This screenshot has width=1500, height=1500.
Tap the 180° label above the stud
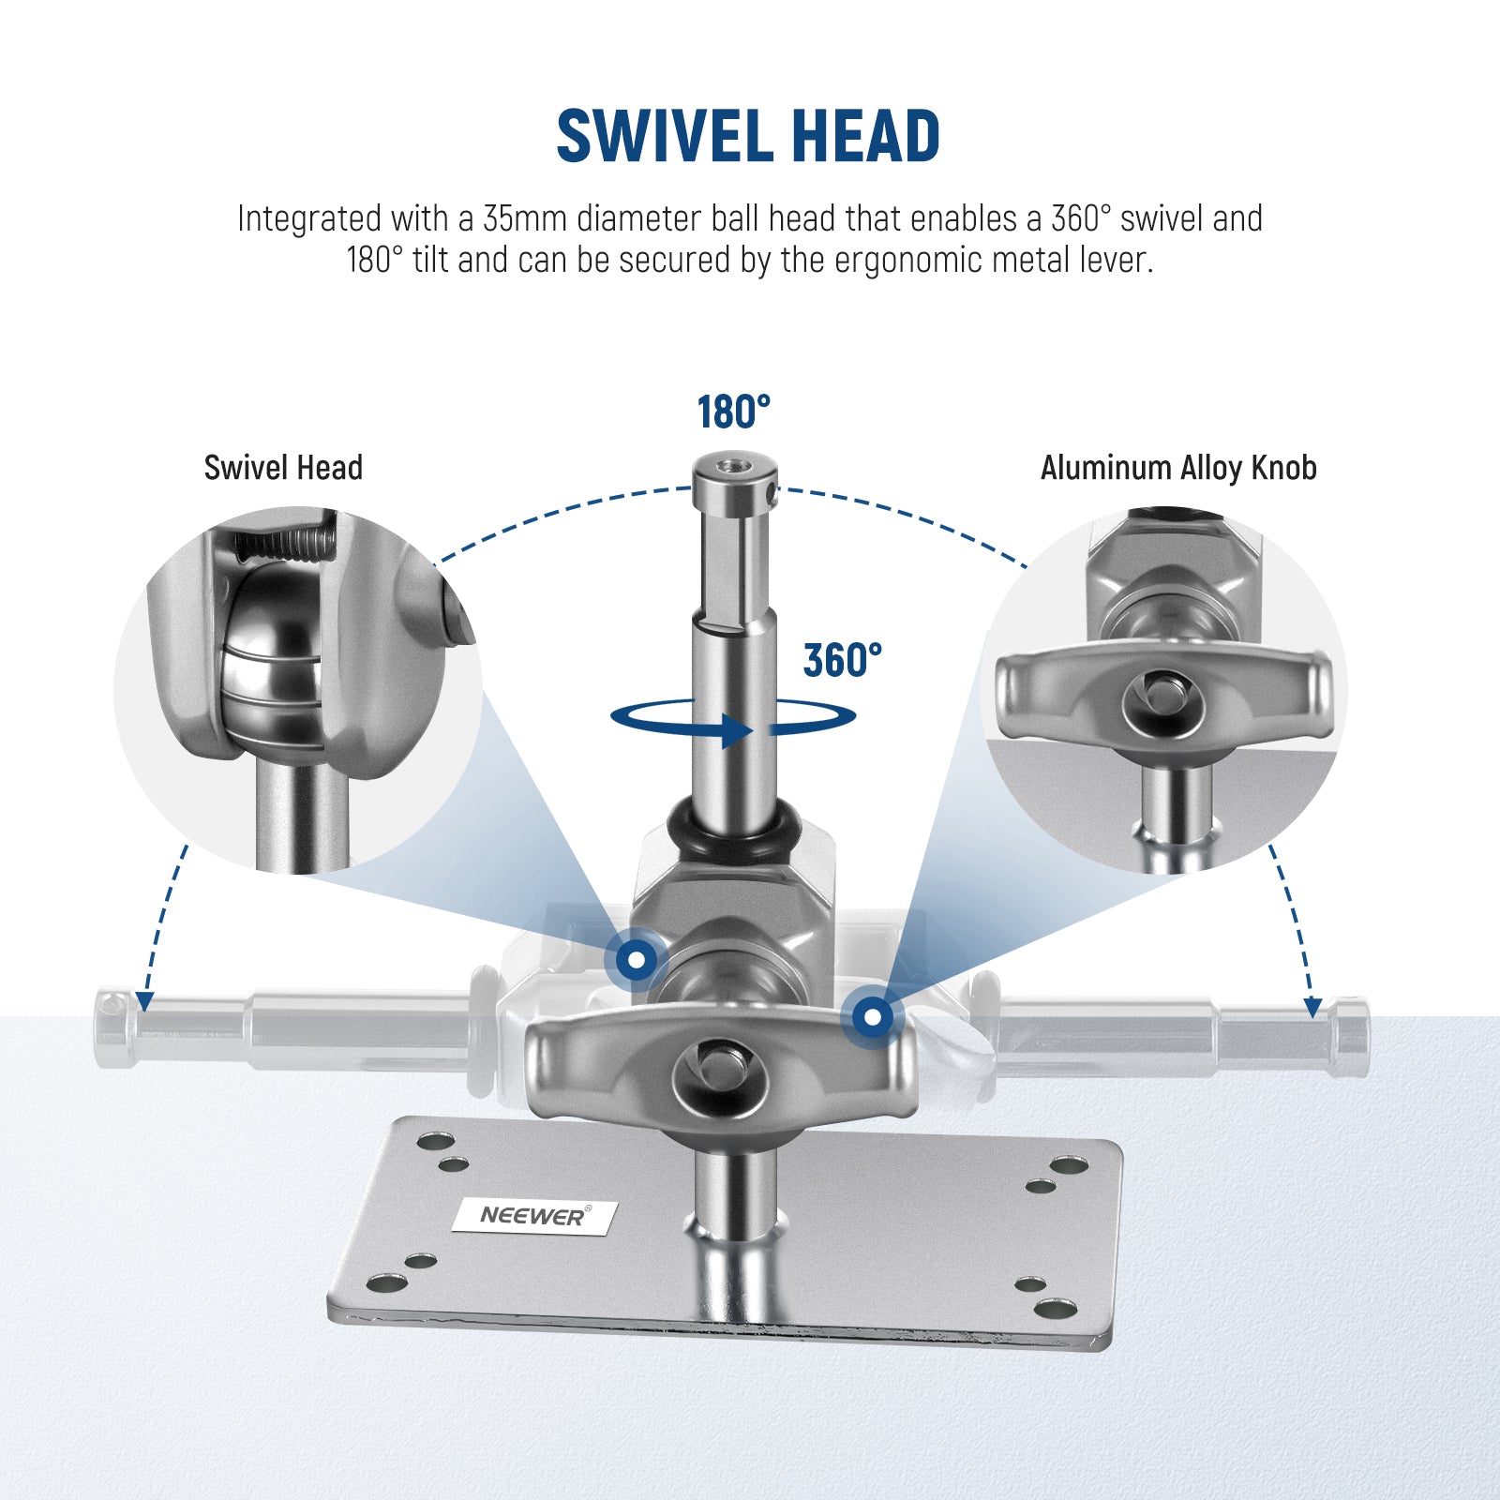coord(733,412)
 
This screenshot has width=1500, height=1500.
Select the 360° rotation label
coord(843,661)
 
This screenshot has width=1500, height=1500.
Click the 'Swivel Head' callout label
coord(283,468)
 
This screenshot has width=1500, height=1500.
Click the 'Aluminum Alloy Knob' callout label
coord(1178,468)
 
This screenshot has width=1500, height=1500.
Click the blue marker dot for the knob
coord(873,1016)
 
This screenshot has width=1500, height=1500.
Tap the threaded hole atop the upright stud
coord(734,465)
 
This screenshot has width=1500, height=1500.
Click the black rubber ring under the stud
coord(734,827)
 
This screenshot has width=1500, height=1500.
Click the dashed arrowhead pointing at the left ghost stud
coord(144,1002)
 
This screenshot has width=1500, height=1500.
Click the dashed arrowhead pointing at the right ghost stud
coord(1313,1008)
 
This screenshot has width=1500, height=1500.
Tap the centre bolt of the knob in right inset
coord(1164,695)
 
